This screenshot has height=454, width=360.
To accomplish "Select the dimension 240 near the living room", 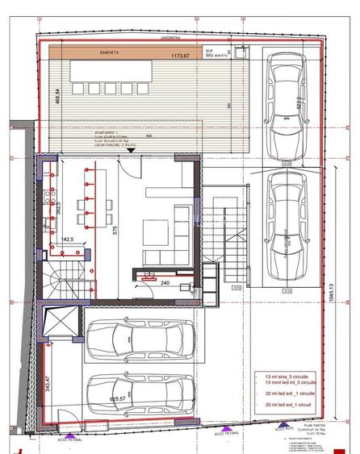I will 165,283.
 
